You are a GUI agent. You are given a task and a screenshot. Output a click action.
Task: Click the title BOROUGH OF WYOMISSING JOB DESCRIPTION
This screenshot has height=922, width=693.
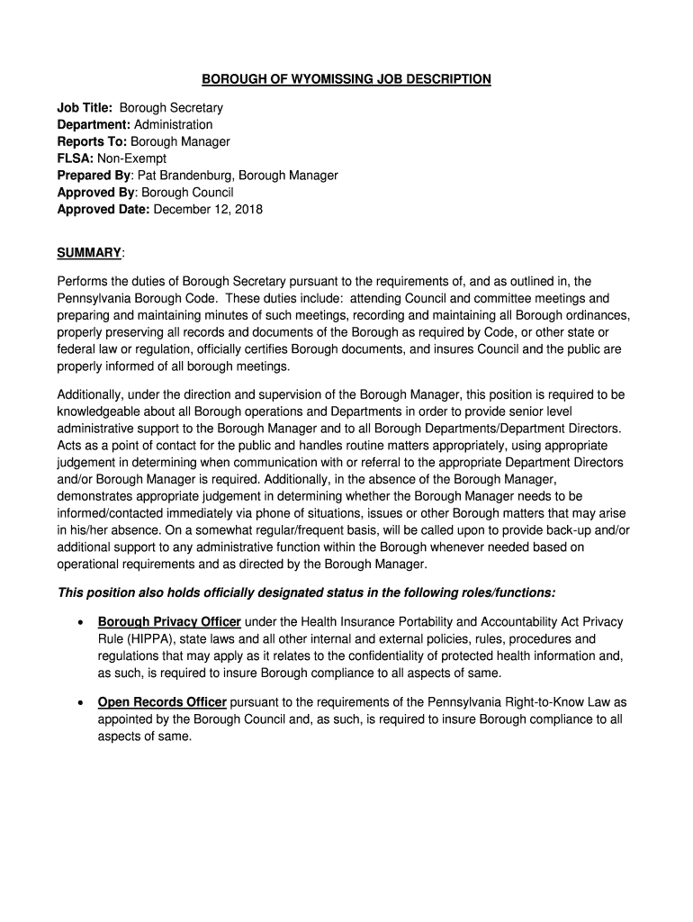(x=346, y=79)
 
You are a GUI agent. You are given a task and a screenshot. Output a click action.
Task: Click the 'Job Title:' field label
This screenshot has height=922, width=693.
(x=85, y=108)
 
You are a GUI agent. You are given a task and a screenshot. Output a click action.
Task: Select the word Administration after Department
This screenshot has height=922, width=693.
(x=174, y=125)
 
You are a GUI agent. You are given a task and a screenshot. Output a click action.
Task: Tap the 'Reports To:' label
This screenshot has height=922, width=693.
(x=93, y=142)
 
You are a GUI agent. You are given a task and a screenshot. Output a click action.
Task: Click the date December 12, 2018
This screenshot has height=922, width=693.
(x=209, y=211)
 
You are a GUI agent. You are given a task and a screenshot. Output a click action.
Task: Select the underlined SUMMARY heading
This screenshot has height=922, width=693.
(x=89, y=253)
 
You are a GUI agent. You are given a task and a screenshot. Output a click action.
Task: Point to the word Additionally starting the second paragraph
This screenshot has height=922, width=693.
(x=91, y=395)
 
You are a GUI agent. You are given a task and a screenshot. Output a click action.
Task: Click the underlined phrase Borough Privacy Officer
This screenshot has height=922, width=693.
(x=169, y=622)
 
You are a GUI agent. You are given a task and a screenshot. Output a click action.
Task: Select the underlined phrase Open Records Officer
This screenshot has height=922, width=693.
(x=163, y=702)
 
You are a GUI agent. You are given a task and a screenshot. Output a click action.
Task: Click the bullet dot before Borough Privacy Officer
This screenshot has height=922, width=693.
(x=83, y=623)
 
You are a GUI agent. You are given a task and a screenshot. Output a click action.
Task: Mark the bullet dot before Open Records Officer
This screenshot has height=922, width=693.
(x=83, y=703)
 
